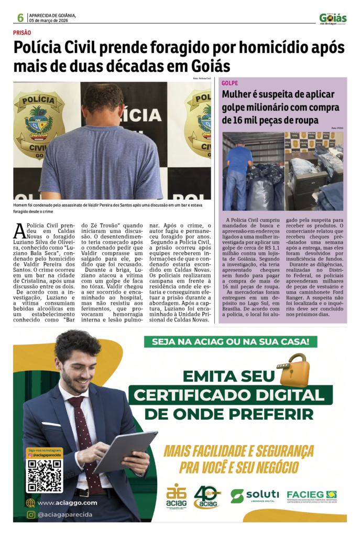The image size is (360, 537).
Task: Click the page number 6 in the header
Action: point(20,18)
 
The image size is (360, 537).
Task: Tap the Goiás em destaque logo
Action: point(333,18)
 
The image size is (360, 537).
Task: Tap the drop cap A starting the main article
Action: point(19,230)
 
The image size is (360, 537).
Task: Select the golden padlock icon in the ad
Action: point(293,370)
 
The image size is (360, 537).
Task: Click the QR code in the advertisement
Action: point(45,476)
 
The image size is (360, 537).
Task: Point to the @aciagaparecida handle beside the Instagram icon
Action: point(65,515)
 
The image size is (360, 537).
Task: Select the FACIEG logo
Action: point(311,495)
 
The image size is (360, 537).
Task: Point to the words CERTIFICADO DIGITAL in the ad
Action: point(230,394)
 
